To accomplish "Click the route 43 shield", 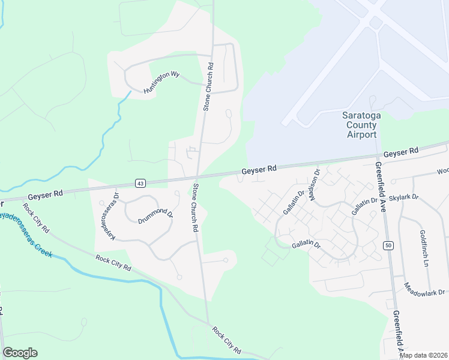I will (140, 182).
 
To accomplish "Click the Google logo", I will (20, 353).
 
